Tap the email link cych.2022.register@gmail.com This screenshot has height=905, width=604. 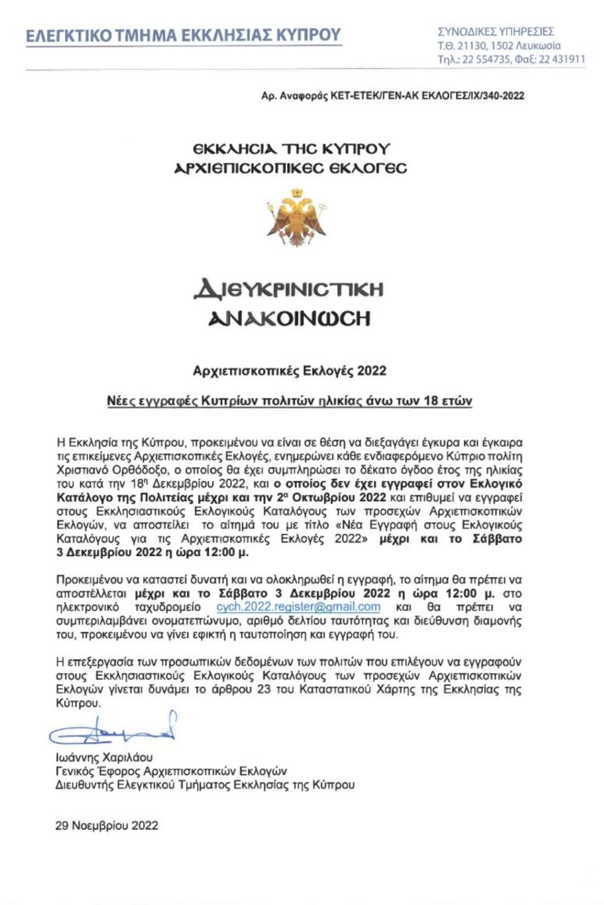298,607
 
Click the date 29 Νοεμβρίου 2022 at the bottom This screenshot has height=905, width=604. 107,825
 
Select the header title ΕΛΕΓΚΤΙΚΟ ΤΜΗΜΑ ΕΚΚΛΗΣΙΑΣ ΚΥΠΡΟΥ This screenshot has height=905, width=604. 183,35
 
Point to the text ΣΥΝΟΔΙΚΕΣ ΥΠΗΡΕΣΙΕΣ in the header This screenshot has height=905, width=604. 496,32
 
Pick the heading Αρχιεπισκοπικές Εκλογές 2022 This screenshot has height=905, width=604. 289,371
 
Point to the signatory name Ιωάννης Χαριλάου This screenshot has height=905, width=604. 104,758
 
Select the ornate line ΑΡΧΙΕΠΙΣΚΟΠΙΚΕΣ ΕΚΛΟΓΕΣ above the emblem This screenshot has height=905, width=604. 291,168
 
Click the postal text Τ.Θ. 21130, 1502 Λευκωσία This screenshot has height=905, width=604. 499,45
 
